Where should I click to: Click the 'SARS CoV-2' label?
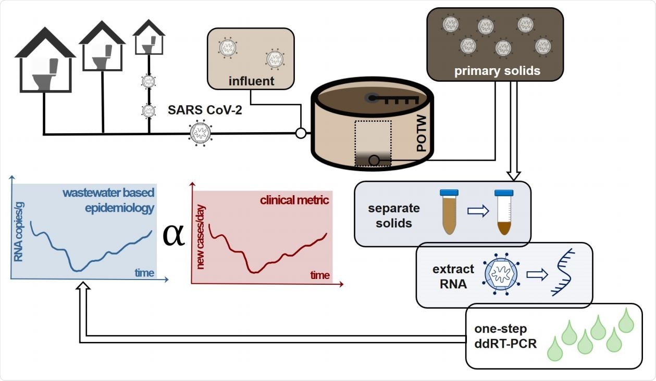pos(205,110)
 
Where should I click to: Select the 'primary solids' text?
pos(497,71)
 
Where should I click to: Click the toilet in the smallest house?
pos(148,46)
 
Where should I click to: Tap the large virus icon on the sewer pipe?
pos(201,134)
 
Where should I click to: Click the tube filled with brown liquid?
pos(448,212)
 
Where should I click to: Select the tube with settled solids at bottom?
pos(503,212)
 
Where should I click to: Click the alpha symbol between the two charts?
pos(174,235)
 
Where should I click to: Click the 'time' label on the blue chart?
pos(144,272)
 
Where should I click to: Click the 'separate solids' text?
pos(394,216)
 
